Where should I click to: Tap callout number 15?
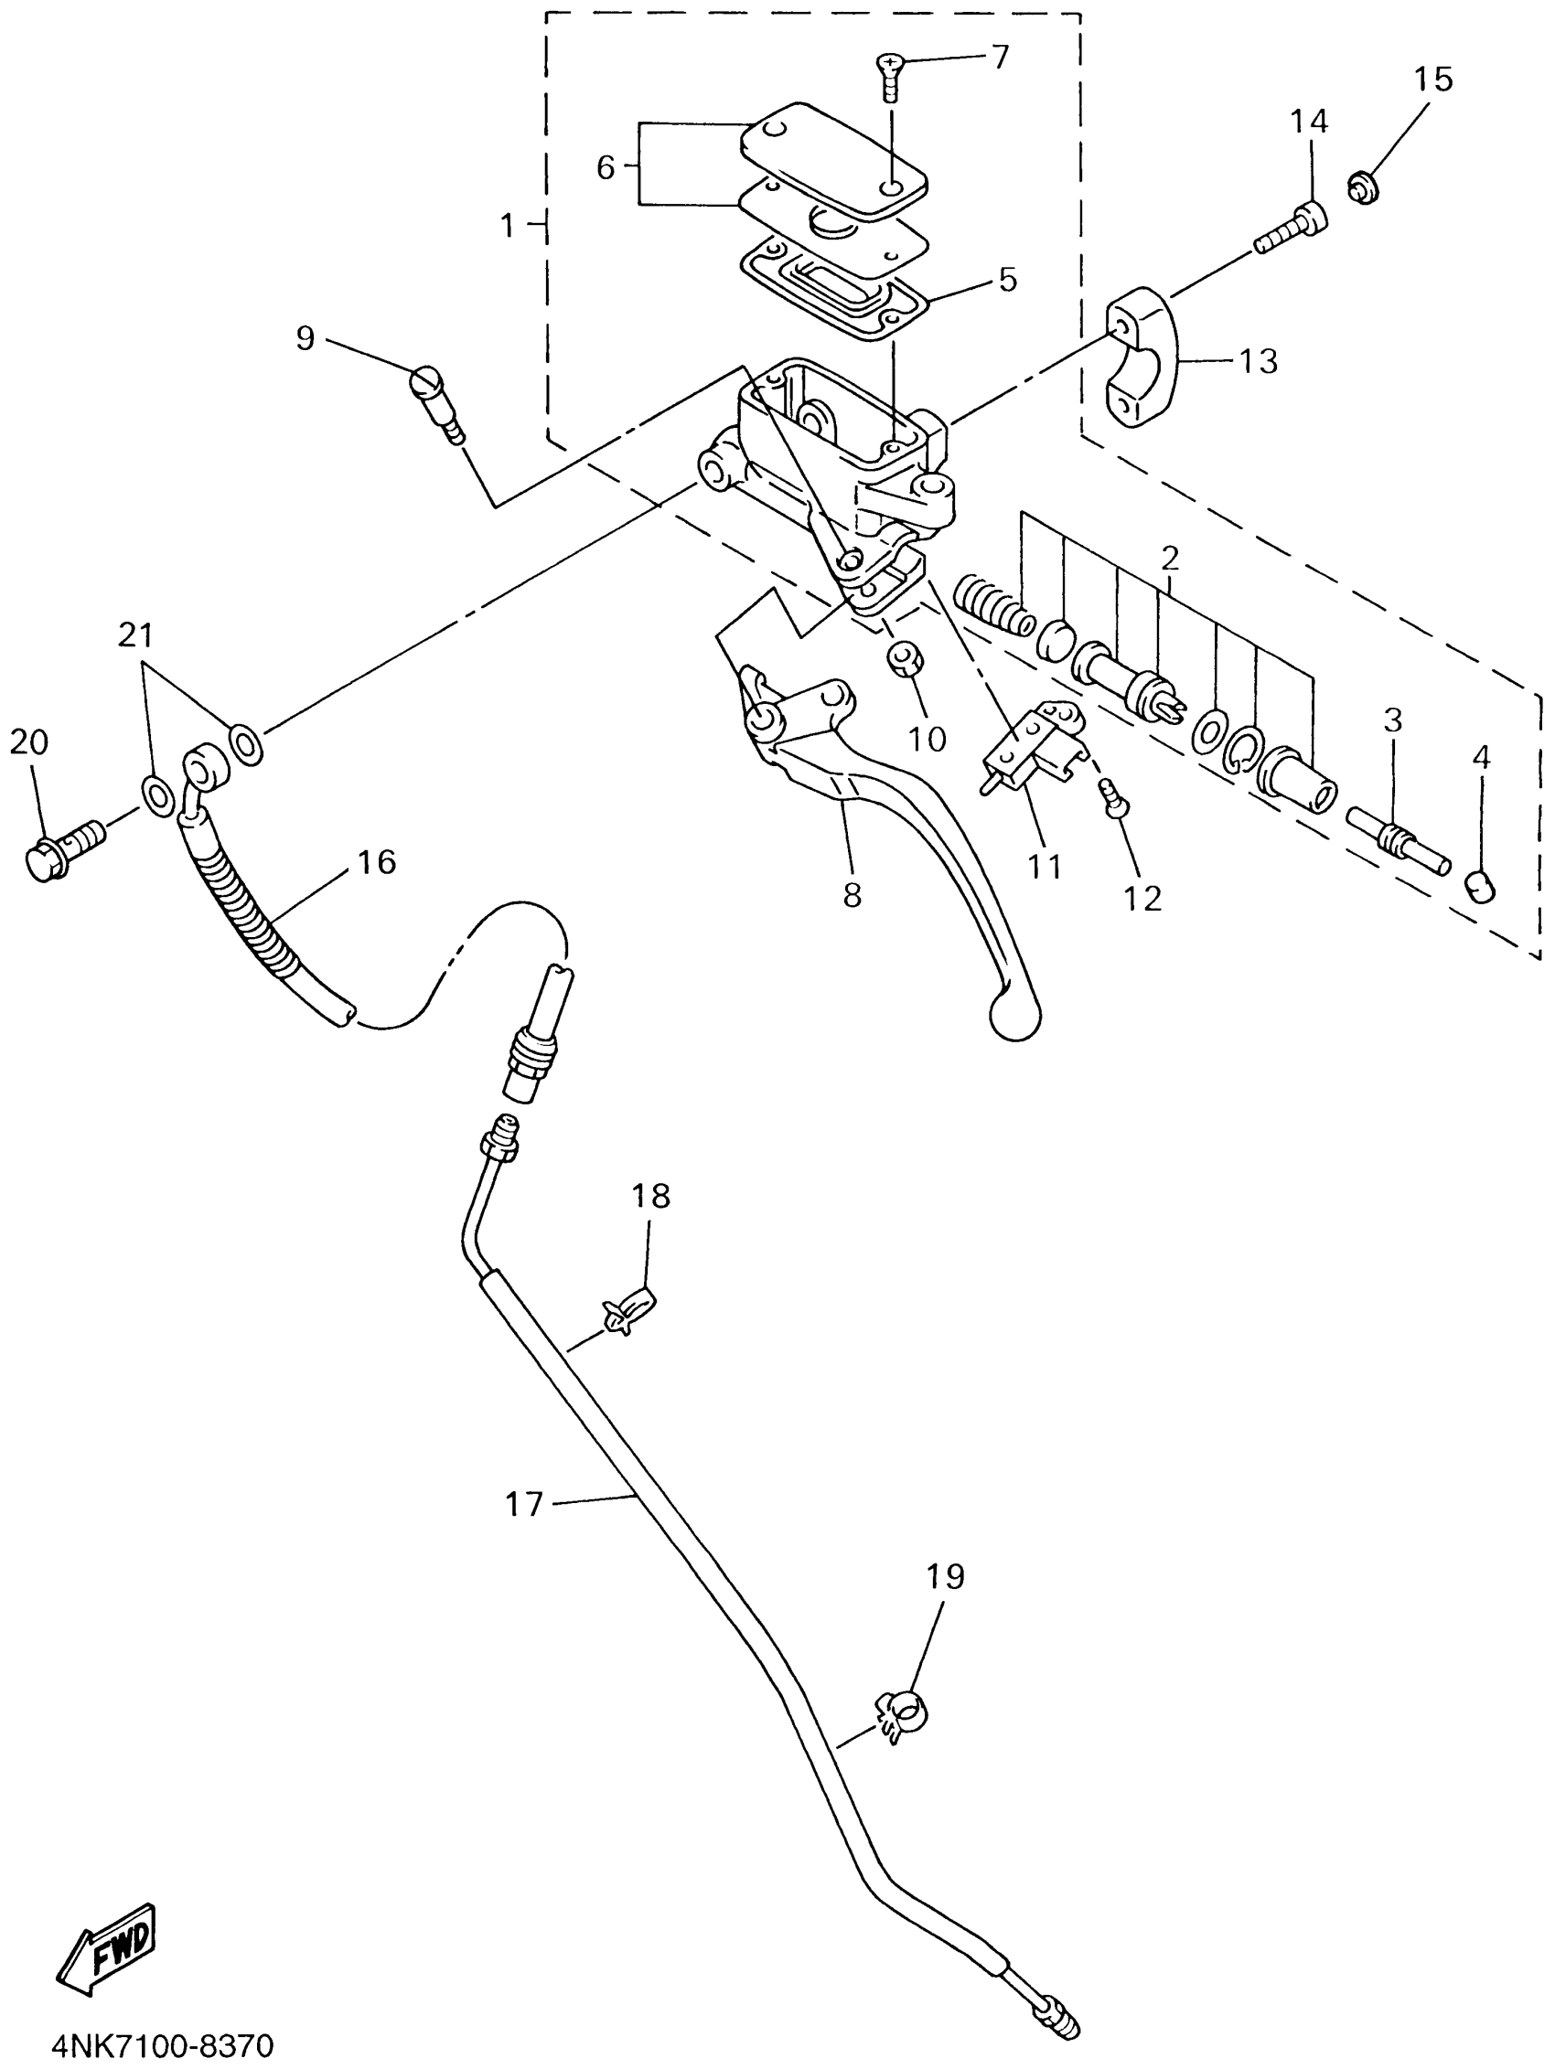click(x=1432, y=80)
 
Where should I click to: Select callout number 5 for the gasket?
click(x=1007, y=280)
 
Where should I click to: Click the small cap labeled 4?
click(x=1479, y=884)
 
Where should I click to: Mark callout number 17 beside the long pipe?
click(x=524, y=1505)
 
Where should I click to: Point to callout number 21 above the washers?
click(x=134, y=636)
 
